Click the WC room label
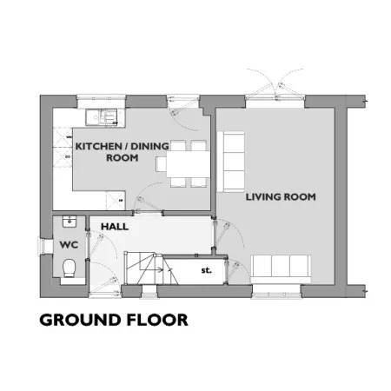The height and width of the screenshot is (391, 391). pos(69,245)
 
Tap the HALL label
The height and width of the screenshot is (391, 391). pos(115,227)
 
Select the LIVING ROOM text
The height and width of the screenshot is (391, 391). pos(281,197)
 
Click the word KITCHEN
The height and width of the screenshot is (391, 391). pos(98,146)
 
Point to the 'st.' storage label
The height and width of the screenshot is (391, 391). pos(206,270)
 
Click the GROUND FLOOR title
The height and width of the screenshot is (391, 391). pos(114,320)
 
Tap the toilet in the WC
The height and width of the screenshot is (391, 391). pos(70,268)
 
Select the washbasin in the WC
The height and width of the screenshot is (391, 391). pos(70,222)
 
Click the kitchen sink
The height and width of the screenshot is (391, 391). pos(102,117)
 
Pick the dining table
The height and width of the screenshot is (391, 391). pos(189,164)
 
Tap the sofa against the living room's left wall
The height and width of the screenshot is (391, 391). pos(231,162)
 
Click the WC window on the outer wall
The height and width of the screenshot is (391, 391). pos(42,247)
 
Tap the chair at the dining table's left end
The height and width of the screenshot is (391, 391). pos(161,164)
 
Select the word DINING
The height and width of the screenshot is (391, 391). pos(149,146)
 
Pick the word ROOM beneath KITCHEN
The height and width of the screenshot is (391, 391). pos(123,158)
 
